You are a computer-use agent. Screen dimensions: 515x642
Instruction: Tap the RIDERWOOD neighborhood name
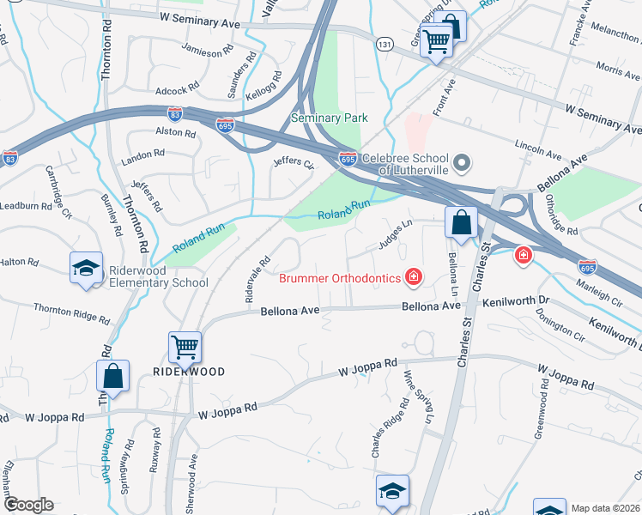click(x=189, y=372)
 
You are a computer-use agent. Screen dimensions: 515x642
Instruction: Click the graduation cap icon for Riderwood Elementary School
click(x=87, y=269)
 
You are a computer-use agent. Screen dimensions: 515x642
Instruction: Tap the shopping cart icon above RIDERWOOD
click(x=185, y=347)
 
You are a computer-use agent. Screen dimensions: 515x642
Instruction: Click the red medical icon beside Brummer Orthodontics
click(x=414, y=276)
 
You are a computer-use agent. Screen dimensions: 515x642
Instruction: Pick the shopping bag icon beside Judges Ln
click(x=461, y=222)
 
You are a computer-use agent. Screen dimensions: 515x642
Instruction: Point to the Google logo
click(x=27, y=505)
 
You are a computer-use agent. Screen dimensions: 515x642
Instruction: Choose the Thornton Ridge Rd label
click(x=71, y=313)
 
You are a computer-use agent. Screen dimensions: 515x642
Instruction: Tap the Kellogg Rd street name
click(x=264, y=88)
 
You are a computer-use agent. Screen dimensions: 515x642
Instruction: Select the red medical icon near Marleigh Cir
click(x=522, y=255)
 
